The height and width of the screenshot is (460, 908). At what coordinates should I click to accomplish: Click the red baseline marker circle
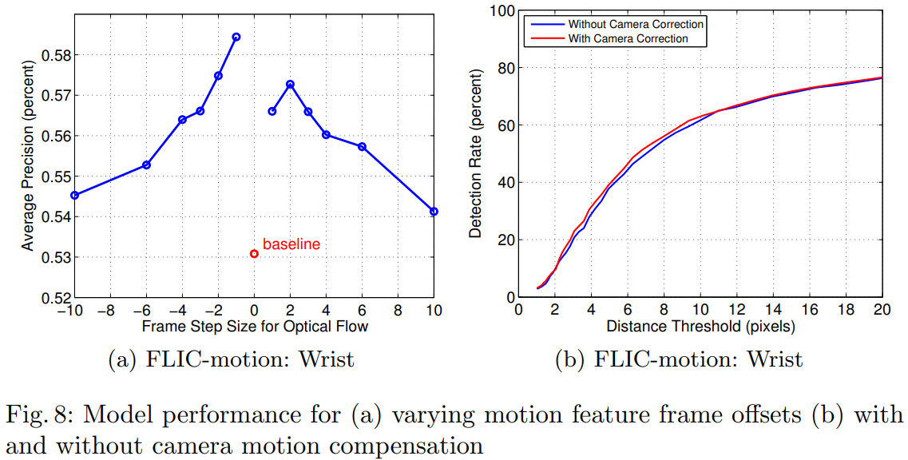254,254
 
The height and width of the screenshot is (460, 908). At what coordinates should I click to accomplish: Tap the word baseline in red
291,244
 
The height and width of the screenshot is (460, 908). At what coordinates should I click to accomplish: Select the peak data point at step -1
236,37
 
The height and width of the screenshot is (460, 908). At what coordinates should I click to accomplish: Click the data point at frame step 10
434,212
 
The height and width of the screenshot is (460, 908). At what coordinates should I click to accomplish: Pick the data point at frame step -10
74,195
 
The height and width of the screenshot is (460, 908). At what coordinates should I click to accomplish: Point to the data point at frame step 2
290,84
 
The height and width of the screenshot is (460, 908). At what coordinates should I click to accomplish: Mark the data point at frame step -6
146,165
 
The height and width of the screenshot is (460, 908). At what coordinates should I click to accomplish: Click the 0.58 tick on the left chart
54,55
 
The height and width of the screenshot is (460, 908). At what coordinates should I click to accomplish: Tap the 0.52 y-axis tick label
54,298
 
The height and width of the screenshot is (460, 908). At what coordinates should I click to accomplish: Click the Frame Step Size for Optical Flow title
255,327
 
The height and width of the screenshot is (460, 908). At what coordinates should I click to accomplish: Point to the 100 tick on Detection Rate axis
502,10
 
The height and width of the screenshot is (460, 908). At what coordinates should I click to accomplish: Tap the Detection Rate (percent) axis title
477,155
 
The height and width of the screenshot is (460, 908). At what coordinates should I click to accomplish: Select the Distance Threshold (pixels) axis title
700,327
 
